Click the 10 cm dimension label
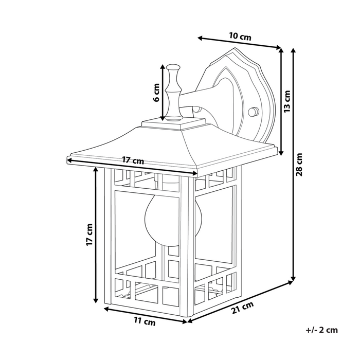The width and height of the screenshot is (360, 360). point(240,36)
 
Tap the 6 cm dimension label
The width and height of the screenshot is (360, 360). point(156,94)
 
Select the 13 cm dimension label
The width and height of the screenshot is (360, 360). point(287,101)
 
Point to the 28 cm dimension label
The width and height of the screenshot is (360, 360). point(300,165)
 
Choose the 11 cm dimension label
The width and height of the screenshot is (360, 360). point(145,322)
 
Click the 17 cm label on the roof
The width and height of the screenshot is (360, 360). point(133,160)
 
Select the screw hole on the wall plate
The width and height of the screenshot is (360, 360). point(253,111)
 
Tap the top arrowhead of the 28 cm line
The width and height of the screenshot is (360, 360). point(293,50)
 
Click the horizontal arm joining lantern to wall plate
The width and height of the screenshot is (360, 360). point(206,100)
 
